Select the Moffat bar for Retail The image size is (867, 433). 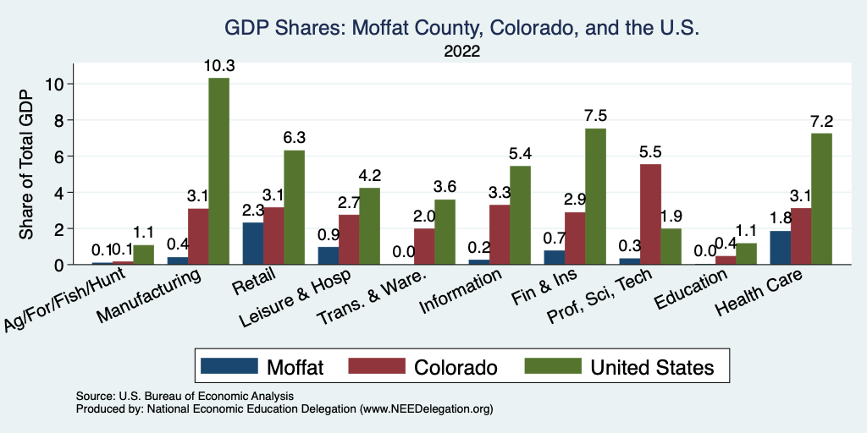tap(252, 244)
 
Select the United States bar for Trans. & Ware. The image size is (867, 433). tap(444, 232)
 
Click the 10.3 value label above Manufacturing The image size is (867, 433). tap(218, 65)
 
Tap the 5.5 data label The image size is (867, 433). tap(650, 152)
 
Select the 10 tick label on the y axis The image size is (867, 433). tap(56, 84)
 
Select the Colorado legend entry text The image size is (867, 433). tap(455, 366)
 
